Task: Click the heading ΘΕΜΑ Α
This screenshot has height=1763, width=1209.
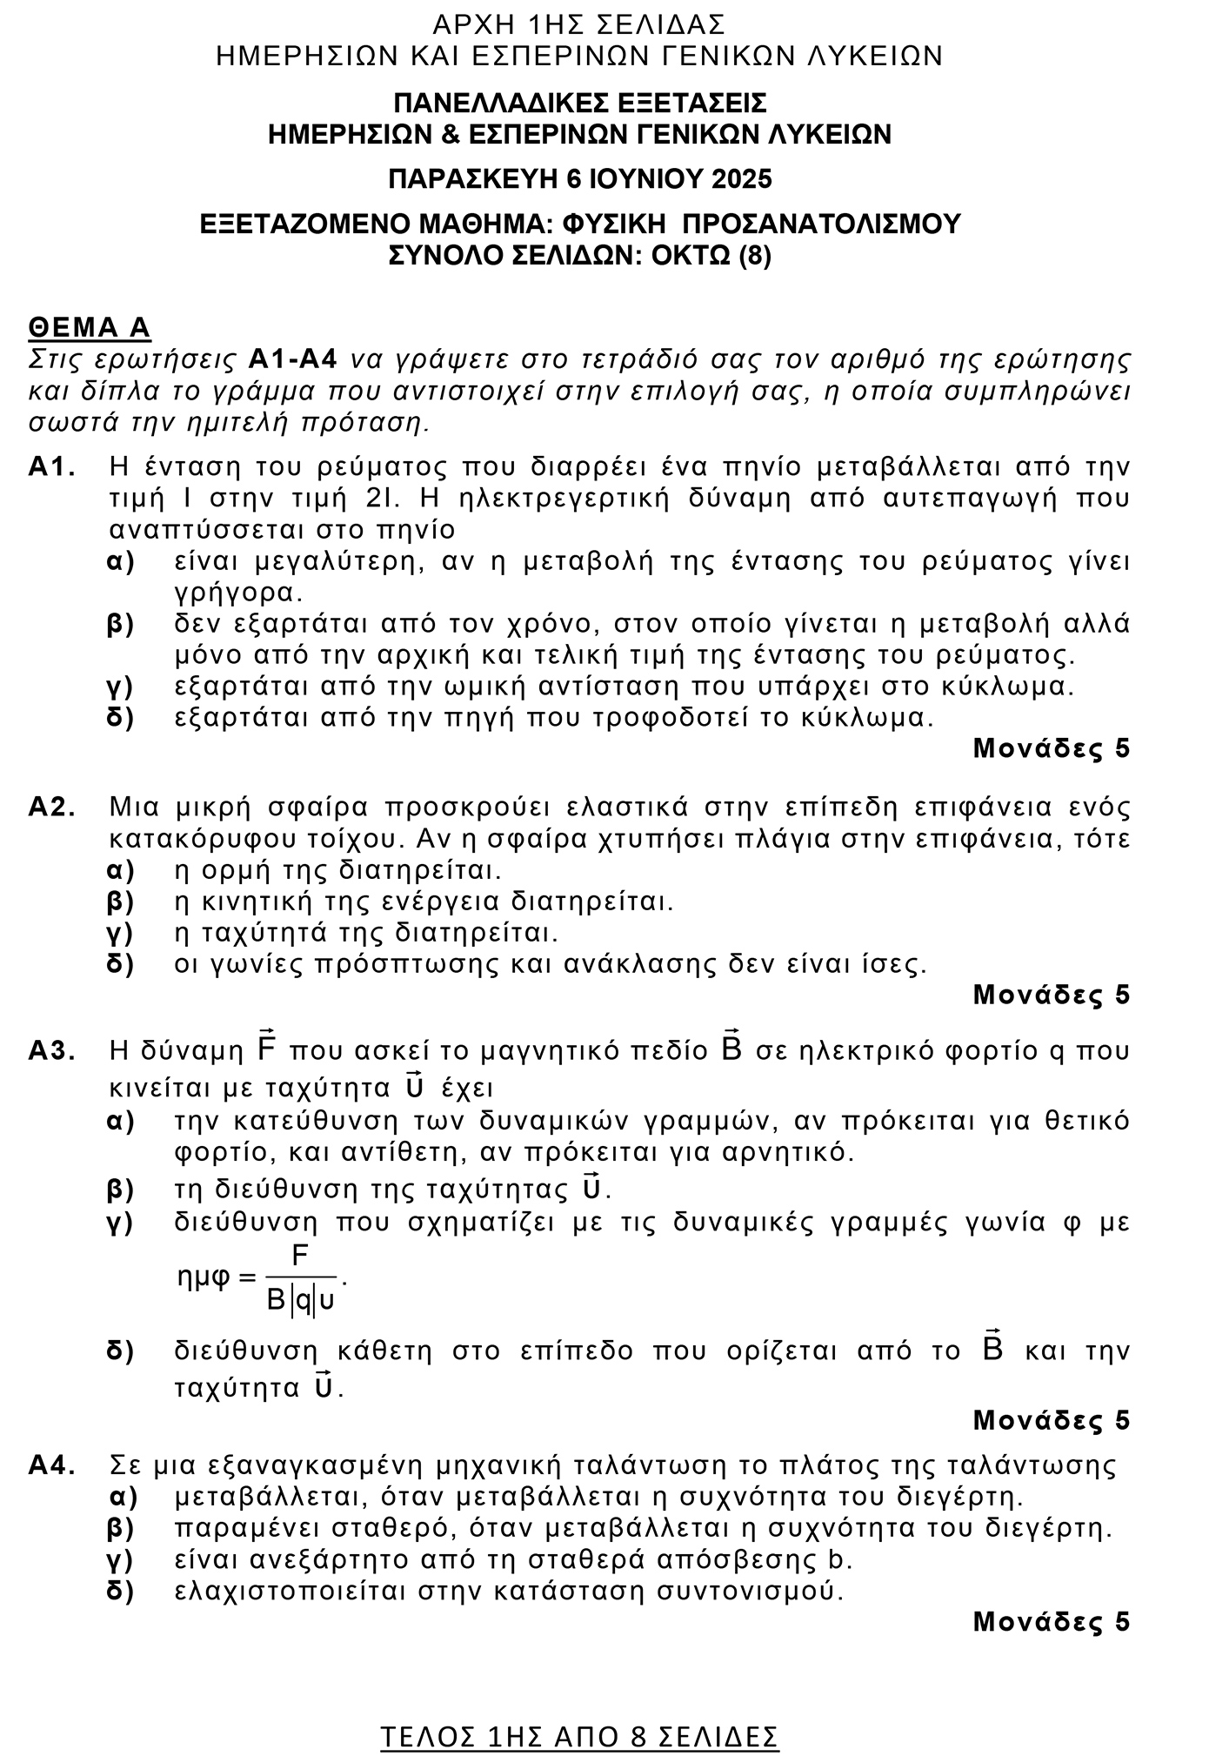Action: pyautogui.click(x=90, y=327)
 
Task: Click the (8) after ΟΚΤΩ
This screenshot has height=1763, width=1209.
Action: pyautogui.click(x=754, y=256)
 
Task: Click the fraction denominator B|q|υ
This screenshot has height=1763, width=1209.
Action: pyautogui.click(x=301, y=1301)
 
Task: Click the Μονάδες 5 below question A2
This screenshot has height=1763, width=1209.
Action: pyautogui.click(x=1051, y=994)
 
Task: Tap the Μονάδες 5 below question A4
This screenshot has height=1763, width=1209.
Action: pyautogui.click(x=1051, y=1621)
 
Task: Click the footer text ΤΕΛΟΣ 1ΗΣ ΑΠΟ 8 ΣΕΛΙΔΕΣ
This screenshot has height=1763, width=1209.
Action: pyautogui.click(x=579, y=1713)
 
